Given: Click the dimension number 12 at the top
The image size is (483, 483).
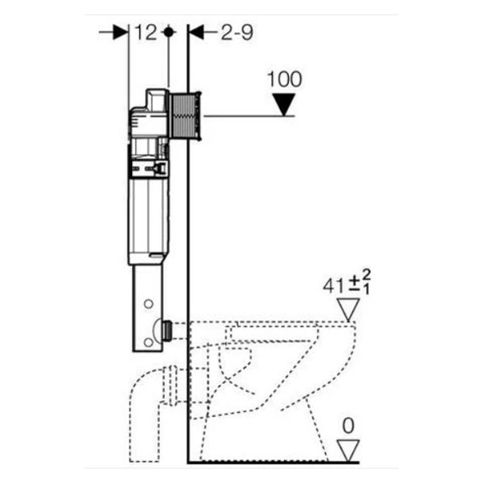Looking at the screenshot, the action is pyautogui.click(x=145, y=32).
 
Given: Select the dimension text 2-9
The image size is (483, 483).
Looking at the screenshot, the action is pyautogui.click(x=237, y=32).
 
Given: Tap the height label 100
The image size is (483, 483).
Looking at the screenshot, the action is pyautogui.click(x=284, y=79).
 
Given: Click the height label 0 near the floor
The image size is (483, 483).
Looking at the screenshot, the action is pyautogui.click(x=348, y=426).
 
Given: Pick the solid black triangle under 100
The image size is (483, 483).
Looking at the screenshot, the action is pyautogui.click(x=284, y=105).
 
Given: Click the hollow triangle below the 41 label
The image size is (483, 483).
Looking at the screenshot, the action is pyautogui.click(x=349, y=310).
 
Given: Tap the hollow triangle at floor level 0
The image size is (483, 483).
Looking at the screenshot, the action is pyautogui.click(x=348, y=451).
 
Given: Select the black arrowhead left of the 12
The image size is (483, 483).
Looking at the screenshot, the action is pyautogui.click(x=121, y=32).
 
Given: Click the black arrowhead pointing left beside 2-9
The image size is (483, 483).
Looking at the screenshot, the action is pyautogui.click(x=196, y=32).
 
